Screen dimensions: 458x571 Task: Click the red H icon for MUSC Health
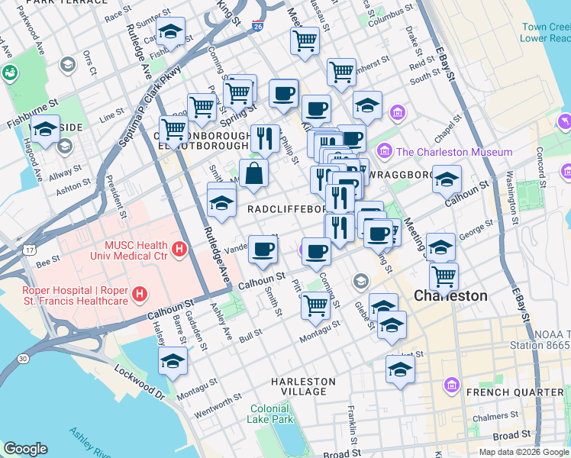coord(179,249)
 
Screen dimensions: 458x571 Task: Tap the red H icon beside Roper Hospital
coord(140,294)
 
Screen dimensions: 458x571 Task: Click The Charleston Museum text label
coord(453,152)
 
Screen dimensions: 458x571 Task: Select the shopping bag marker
coord(253,173)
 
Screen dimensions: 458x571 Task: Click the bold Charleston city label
coord(450,295)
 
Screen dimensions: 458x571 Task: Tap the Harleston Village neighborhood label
coord(303,386)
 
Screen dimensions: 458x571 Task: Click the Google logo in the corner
coord(25,449)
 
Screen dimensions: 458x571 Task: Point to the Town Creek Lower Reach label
coord(545,32)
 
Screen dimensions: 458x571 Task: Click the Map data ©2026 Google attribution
coord(523,452)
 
